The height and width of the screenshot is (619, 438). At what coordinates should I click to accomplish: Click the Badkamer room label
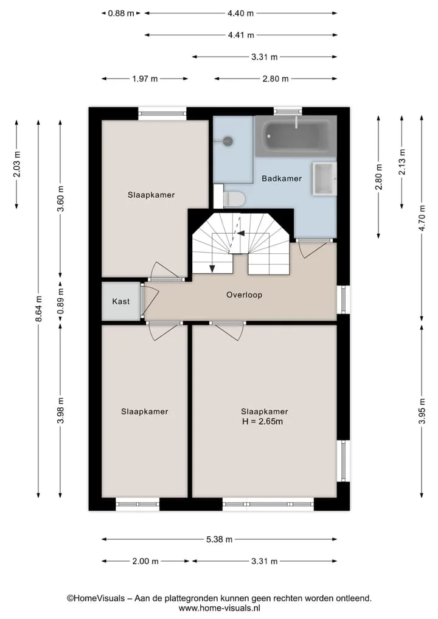pyautogui.click(x=281, y=178)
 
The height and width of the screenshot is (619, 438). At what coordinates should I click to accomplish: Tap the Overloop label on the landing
pyautogui.click(x=245, y=295)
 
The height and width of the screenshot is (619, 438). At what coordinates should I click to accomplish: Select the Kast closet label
pyautogui.click(x=120, y=301)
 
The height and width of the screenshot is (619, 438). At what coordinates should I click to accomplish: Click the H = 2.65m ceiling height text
pyautogui.click(x=262, y=421)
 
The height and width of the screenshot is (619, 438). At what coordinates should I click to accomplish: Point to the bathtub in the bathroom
pyautogui.click(x=296, y=136)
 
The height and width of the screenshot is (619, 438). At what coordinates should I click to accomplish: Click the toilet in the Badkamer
pyautogui.click(x=234, y=198)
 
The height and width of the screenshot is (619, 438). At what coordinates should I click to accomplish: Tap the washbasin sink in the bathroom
pyautogui.click(x=324, y=179)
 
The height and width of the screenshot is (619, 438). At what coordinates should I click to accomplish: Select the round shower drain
pyautogui.click(x=228, y=140)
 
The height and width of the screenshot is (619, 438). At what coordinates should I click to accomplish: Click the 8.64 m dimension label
pyautogui.click(x=39, y=309)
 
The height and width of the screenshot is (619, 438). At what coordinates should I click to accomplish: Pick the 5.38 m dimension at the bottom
pyautogui.click(x=220, y=539)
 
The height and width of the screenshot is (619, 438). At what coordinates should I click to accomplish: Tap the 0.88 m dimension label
pyautogui.click(x=121, y=13)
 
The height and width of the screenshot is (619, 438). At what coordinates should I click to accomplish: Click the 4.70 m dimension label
pyautogui.click(x=422, y=219)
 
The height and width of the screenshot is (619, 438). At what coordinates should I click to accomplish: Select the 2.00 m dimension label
pyautogui.click(x=145, y=561)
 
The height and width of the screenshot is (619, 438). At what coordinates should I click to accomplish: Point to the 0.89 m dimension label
pyautogui.click(x=60, y=301)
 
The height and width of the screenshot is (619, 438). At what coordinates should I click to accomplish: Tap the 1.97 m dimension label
pyautogui.click(x=145, y=79)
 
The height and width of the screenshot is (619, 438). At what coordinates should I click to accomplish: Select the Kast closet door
pyautogui.click(x=150, y=301)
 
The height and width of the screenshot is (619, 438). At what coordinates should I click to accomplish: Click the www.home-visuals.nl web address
pyautogui.click(x=220, y=608)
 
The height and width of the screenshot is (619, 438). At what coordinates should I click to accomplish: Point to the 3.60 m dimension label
pyautogui.click(x=60, y=198)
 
